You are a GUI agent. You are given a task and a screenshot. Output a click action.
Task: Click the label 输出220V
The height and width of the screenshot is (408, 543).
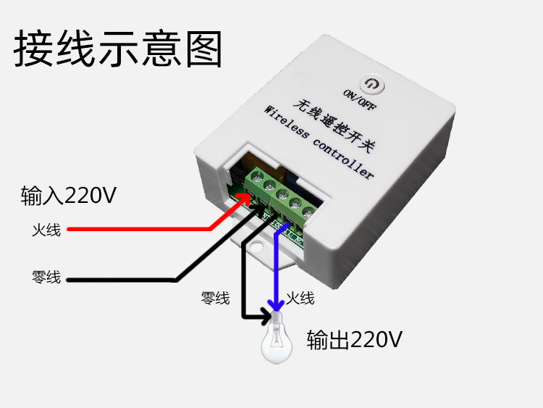point(354,340)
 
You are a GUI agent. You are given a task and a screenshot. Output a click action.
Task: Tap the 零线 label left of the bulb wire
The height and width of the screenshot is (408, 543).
point(215,298)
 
